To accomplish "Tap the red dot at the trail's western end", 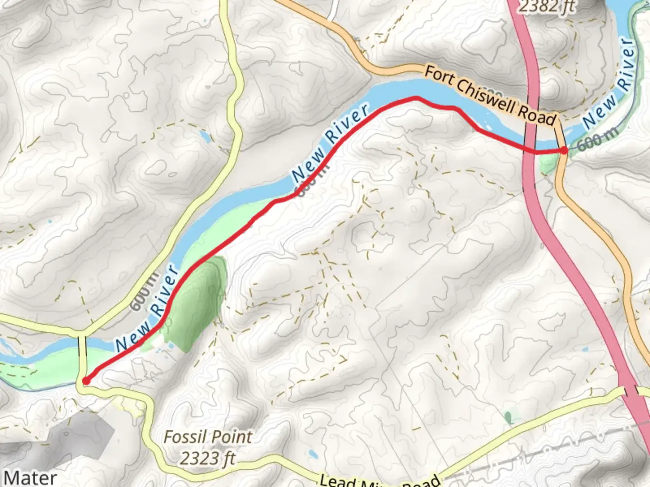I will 86,381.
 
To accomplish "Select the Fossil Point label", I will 208,437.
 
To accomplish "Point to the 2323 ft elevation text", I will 208,459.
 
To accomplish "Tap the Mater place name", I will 30,478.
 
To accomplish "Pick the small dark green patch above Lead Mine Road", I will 509,417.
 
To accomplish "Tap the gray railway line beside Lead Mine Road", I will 542,451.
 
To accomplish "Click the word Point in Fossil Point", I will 233,437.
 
